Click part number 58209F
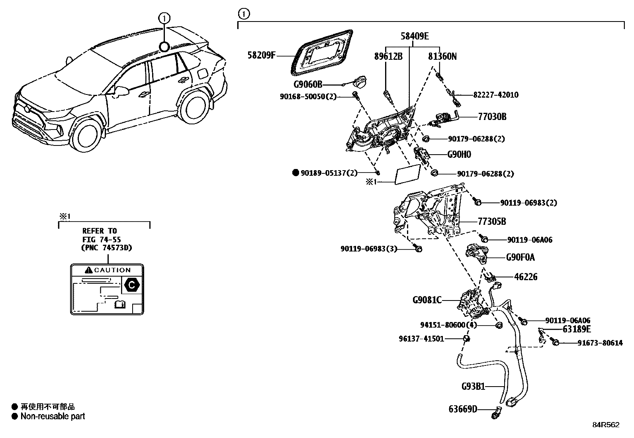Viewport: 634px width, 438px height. (261, 55)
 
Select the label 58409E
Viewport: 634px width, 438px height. (415, 36)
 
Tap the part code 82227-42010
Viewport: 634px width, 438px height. (496, 94)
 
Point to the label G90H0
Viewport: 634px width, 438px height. (459, 154)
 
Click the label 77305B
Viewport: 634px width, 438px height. (492, 221)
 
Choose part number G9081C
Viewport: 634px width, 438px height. (427, 300)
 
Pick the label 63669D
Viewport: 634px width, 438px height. (463, 409)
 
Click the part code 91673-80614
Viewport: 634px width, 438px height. (600, 343)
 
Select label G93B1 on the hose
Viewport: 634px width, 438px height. (473, 386)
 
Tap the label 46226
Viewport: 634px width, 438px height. (526, 277)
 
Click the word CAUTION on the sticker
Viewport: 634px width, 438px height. (112, 270)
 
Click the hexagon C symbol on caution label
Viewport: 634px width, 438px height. (131, 285)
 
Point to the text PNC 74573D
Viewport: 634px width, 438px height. (107, 247)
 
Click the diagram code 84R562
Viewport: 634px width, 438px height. (606, 425)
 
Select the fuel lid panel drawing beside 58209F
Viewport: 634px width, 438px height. (322, 53)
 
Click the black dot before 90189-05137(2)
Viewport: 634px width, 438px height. (295, 173)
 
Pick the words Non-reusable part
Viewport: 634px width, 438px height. (53, 416)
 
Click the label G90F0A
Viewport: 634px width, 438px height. (520, 257)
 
